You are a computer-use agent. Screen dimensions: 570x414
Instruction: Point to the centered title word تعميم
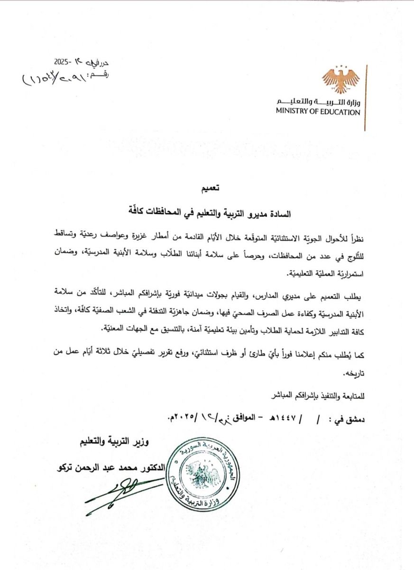[210, 189]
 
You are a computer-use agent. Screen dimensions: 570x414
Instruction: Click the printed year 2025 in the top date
[62, 62]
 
